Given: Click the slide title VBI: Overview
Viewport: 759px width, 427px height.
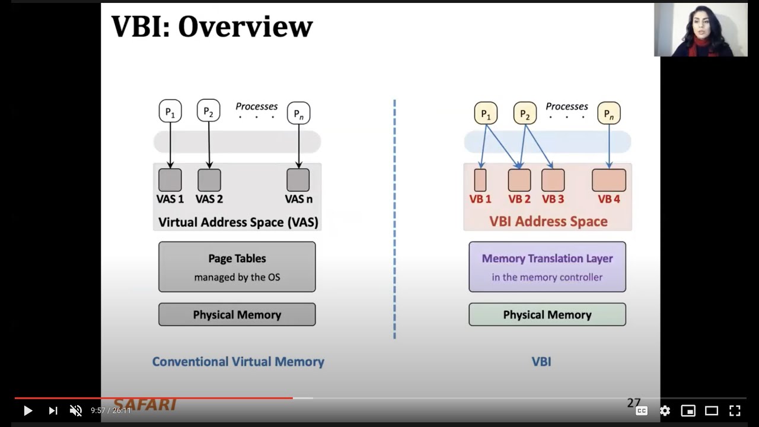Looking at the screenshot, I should (x=212, y=27).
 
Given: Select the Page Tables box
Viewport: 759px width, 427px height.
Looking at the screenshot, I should (x=237, y=267).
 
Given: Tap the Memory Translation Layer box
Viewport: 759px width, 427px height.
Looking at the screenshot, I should (x=547, y=267).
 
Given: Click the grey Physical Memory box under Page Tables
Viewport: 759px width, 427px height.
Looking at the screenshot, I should (x=237, y=314).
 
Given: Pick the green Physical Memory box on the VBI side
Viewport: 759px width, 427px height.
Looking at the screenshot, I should (x=547, y=314).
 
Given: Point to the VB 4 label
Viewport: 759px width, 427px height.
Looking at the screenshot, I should (x=608, y=199).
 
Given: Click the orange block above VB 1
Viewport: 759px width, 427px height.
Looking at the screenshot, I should (x=480, y=180).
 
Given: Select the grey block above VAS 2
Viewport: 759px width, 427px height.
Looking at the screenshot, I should (x=209, y=180).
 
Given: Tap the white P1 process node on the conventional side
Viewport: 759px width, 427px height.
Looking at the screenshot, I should (x=170, y=111).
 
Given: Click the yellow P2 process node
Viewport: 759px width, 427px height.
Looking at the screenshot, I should (x=524, y=113).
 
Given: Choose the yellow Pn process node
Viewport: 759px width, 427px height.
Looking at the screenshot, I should (x=608, y=113).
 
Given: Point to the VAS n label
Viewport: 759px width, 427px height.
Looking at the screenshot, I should (x=298, y=199).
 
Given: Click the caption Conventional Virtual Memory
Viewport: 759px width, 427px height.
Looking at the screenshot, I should (x=238, y=362).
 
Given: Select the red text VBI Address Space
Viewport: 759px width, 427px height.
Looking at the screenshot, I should (x=548, y=221).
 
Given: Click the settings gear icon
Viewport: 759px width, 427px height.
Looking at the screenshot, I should (x=665, y=410).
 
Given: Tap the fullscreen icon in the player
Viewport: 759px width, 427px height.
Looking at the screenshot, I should (x=735, y=410).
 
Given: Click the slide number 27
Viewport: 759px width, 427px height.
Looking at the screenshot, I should (x=633, y=403).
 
